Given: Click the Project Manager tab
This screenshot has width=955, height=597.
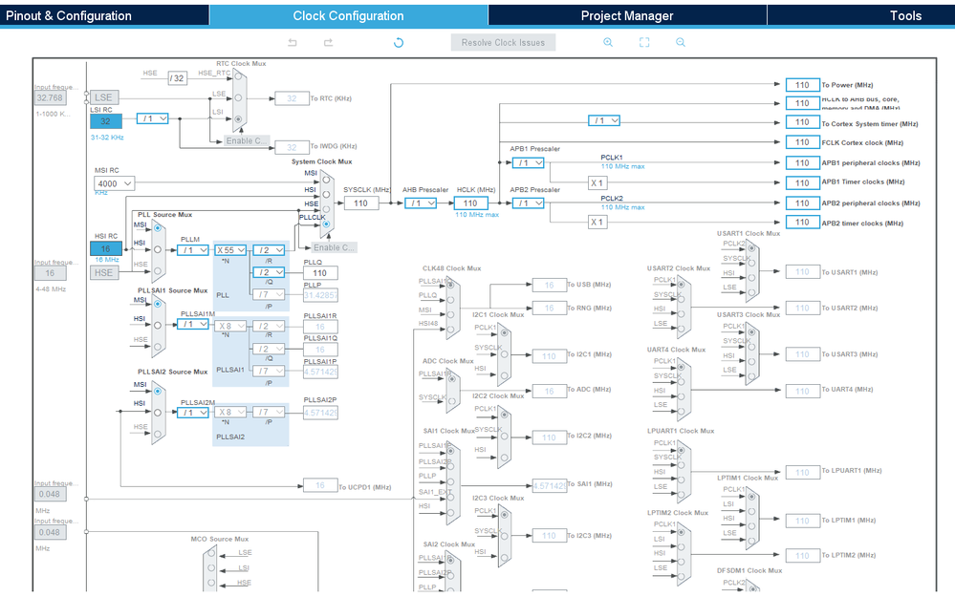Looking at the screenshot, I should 627,15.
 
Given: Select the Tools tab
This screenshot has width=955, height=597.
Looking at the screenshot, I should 905,15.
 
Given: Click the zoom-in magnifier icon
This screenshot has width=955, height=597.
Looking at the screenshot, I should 608,43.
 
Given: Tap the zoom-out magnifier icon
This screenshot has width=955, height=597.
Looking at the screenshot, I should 681,43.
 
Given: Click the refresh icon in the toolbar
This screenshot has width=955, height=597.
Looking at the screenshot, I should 399,43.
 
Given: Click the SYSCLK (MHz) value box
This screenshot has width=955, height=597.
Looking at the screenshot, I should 360,203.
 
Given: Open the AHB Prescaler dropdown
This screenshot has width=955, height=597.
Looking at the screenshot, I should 420,203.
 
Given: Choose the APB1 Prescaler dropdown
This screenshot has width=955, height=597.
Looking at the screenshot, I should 527,163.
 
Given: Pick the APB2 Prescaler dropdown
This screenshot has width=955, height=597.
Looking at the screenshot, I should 527,203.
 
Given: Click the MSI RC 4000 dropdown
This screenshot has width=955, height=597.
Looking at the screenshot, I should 114,183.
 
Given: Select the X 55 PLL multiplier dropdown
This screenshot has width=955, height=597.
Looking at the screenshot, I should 231,250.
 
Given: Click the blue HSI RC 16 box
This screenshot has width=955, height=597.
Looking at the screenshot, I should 106,248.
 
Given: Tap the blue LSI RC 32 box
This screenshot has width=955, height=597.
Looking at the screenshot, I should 106,121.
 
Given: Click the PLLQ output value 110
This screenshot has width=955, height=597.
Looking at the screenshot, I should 320,273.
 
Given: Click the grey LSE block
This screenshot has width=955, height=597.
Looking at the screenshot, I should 104,98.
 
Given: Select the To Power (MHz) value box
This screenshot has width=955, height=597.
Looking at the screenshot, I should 802,85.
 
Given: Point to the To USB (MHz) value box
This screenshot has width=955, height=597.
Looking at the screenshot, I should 549,285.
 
